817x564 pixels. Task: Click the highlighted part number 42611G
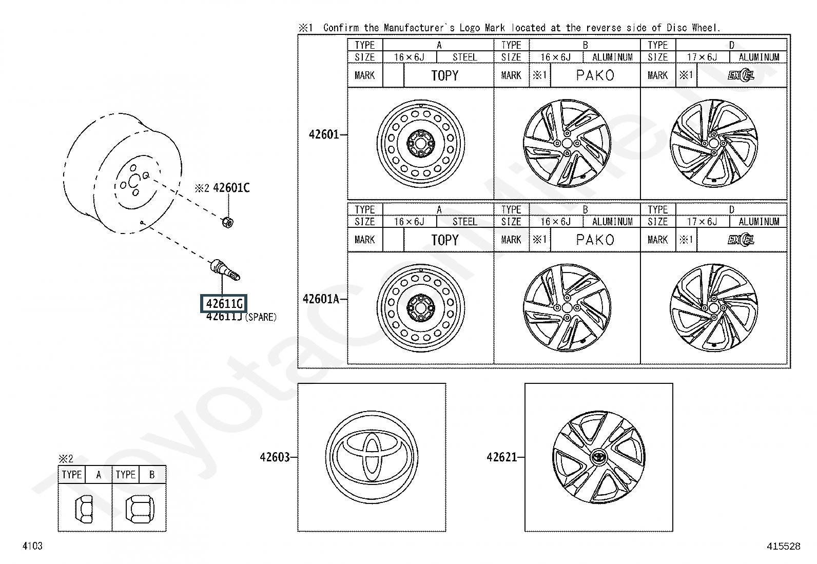223,304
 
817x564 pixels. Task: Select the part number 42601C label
231,188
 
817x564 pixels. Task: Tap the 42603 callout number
275,457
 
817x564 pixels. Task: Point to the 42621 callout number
502,457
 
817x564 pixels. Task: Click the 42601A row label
321,299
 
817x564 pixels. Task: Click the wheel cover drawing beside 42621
598,457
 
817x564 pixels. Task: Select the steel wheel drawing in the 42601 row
421,143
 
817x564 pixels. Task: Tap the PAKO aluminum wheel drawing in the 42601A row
567,308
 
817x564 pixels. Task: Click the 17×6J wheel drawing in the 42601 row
713,143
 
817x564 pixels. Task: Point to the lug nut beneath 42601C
228,222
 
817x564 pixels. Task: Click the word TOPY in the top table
444,76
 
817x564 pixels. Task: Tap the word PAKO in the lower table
595,240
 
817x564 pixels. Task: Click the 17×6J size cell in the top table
702,57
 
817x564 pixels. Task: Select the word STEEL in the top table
464,57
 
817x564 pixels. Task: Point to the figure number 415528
783,547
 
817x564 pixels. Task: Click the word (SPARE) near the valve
260,317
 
